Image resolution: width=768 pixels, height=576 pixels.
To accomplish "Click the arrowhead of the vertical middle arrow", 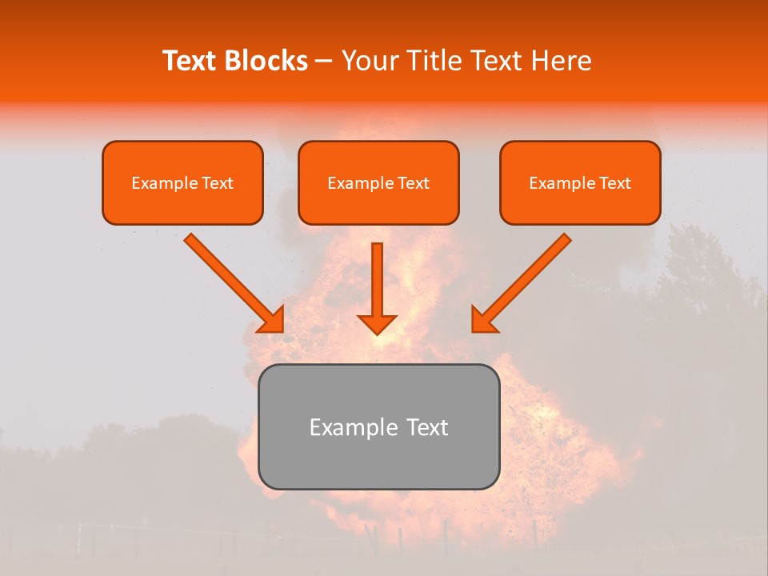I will coord(377,323).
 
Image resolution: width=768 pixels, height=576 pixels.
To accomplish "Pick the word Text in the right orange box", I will coord(614,183).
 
